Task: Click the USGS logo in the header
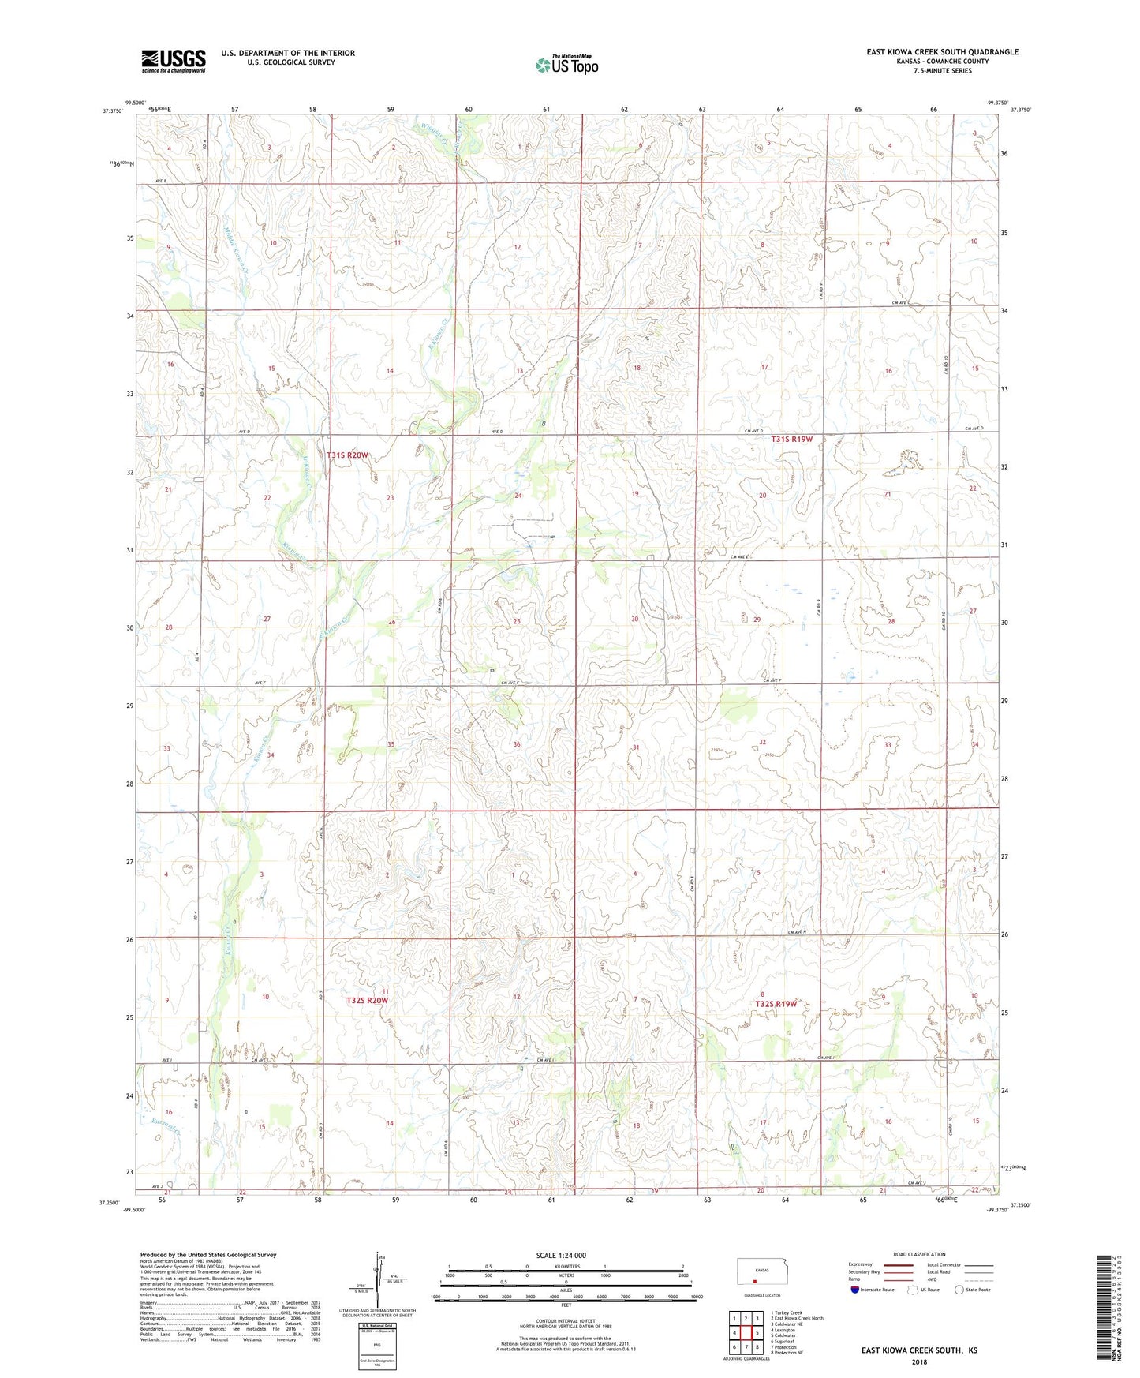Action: coord(174,61)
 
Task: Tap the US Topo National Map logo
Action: coord(566,65)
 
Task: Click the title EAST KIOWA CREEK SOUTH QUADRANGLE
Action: coord(942,52)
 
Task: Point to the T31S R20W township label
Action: coord(348,455)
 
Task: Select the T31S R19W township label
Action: coord(791,439)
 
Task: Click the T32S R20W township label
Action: coord(368,1001)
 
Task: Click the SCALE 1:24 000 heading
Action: coord(561,1255)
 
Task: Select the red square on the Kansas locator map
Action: coord(754,1283)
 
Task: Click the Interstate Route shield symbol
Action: coord(856,1290)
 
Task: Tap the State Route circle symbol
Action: coord(959,1290)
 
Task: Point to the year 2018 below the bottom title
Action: coord(918,1361)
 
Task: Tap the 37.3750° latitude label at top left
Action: coord(114,111)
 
